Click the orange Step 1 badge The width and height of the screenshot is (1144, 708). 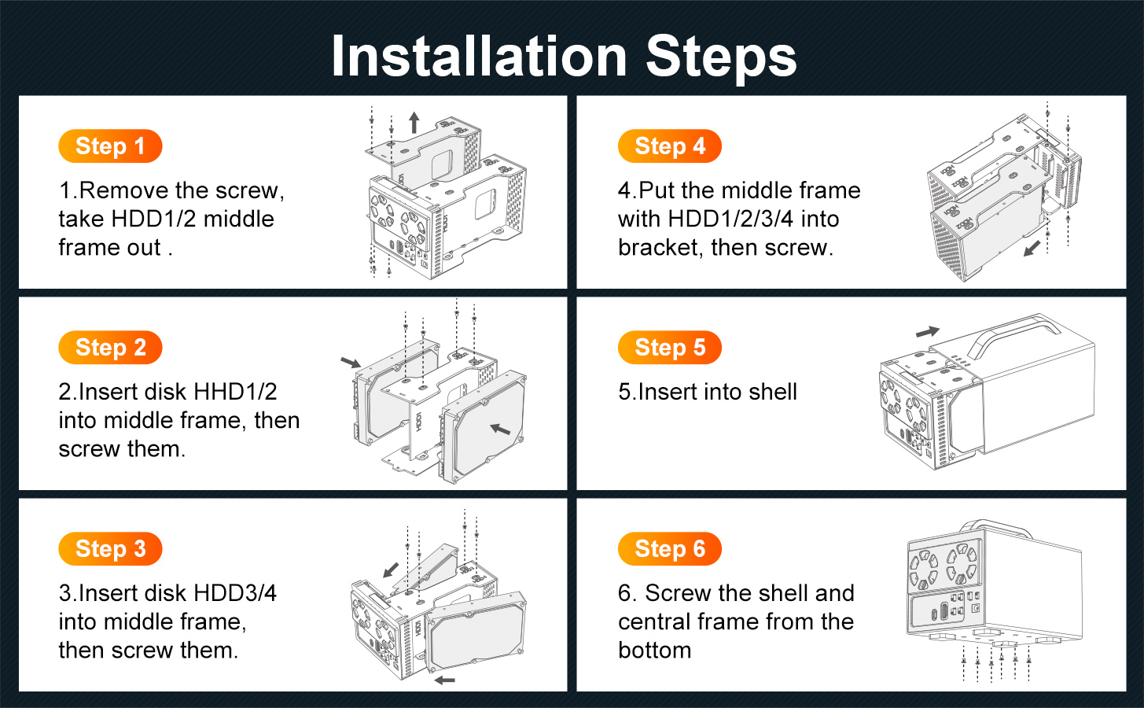110,146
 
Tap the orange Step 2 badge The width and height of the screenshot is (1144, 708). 110,348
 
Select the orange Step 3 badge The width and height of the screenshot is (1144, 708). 110,548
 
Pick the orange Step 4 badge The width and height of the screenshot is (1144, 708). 670,146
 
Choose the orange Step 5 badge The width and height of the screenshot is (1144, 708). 670,348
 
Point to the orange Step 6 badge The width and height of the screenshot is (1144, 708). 670,548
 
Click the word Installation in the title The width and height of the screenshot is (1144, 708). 479,56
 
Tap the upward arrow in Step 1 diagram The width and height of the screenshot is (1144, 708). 414,123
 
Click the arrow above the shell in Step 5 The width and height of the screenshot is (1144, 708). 928,331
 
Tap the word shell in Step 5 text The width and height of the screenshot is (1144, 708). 772,392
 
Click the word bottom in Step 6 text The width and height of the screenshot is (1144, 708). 654,651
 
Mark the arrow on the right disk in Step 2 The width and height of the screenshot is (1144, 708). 500,429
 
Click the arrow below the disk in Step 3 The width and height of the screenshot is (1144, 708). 445,680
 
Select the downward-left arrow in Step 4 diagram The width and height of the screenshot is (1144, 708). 1032,249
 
